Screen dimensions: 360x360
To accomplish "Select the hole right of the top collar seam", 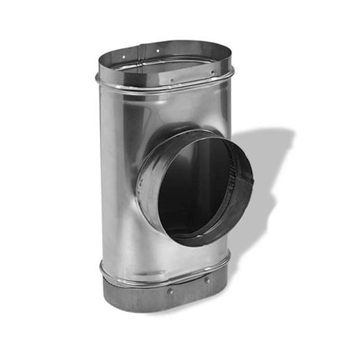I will click(x=157, y=51).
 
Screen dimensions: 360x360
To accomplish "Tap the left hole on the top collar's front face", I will click(x=172, y=80).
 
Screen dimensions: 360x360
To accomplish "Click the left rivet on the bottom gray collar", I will click(x=171, y=292).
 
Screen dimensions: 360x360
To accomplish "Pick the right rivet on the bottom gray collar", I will click(x=207, y=280).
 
